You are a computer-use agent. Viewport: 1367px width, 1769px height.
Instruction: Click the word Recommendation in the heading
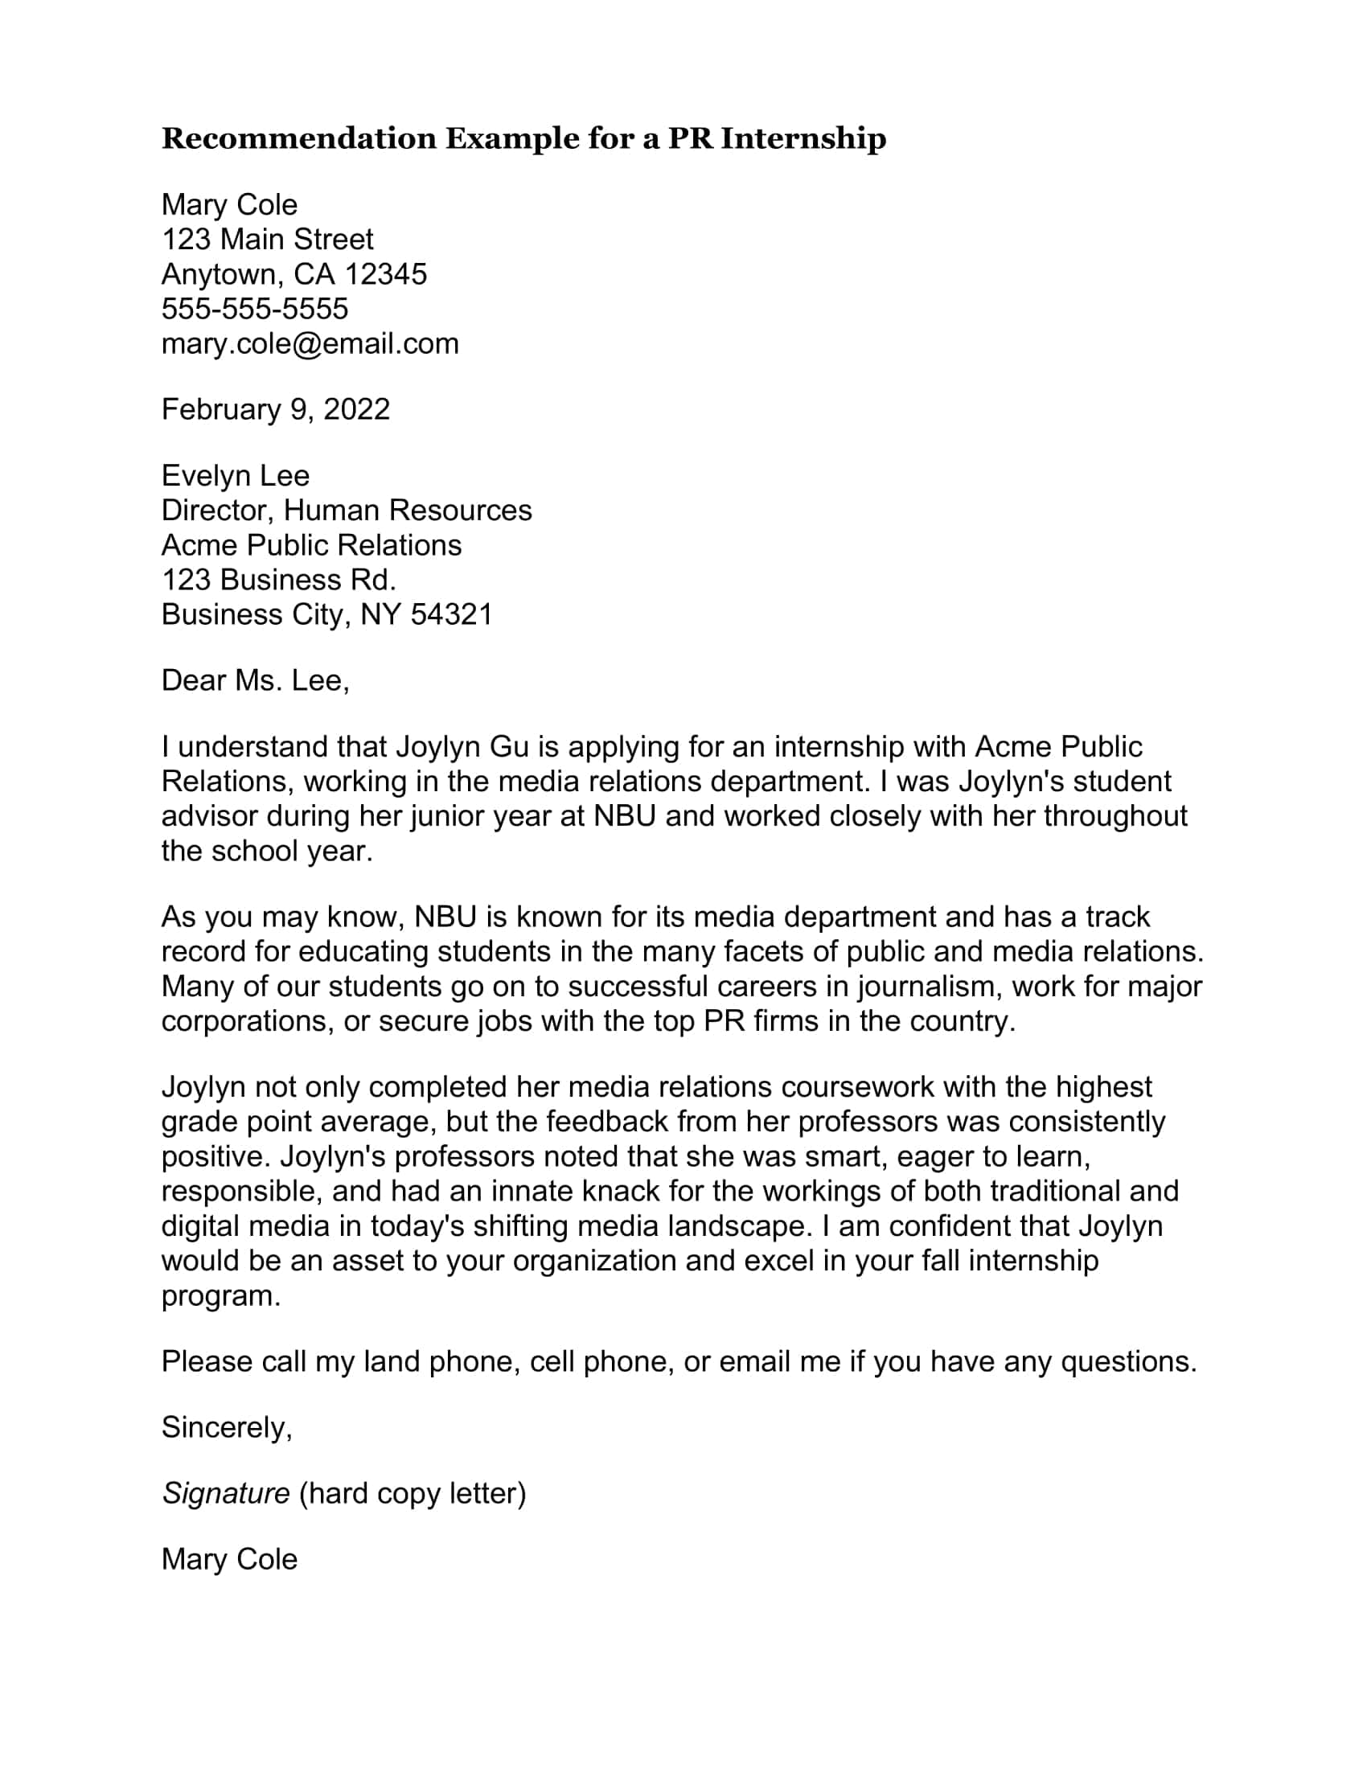point(301,138)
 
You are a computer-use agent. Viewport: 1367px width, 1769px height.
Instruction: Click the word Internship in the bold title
point(803,138)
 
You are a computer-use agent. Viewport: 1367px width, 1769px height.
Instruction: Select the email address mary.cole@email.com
point(310,344)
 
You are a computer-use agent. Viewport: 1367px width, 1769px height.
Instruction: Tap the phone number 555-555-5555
point(255,310)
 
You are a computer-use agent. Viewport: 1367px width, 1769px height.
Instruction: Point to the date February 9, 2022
point(275,410)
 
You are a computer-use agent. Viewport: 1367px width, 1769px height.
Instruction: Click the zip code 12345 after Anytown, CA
point(385,274)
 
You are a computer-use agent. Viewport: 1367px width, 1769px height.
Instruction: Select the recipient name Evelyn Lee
point(236,475)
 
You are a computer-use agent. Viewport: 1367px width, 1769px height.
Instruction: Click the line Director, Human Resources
point(347,511)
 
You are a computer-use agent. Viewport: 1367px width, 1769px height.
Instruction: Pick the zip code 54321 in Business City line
point(452,615)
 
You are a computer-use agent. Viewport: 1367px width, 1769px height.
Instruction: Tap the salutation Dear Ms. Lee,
point(255,680)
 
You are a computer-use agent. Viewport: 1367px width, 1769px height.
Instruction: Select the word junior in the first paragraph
point(448,815)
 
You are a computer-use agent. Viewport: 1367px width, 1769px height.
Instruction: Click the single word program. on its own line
point(221,1296)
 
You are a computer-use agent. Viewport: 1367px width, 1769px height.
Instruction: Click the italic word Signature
point(226,1494)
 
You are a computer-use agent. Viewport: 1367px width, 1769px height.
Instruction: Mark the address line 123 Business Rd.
point(278,580)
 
